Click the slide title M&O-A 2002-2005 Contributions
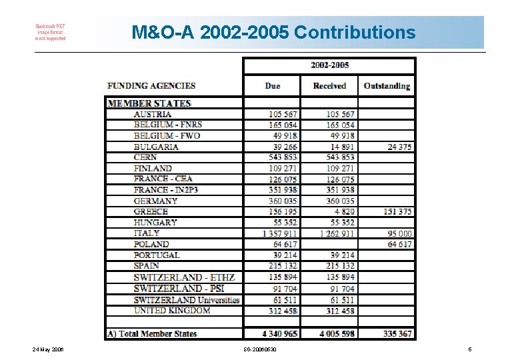tap(273, 32)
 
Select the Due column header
tap(273, 86)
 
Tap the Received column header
tap(329, 86)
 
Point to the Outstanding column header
tap(387, 86)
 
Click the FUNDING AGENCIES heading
tap(151, 86)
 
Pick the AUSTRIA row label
tap(153, 114)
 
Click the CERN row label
tap(145, 157)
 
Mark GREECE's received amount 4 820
tap(341, 211)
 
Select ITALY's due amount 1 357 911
tap(280, 233)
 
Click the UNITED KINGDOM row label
tap(172, 310)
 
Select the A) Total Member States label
tap(152, 333)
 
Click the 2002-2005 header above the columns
tap(329, 65)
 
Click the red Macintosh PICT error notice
tap(51, 32)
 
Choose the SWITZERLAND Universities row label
tap(187, 299)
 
